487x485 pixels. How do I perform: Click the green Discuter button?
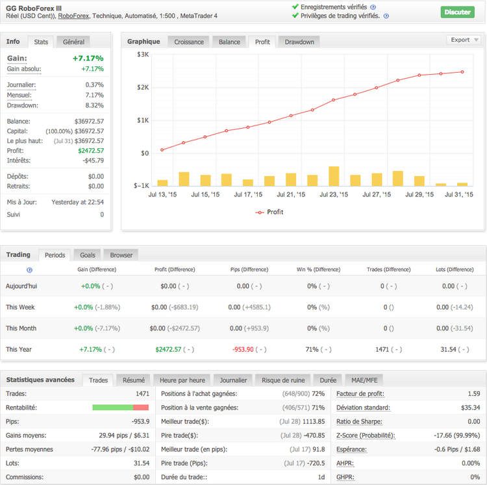coord(458,12)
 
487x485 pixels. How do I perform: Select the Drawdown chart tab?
coord(299,42)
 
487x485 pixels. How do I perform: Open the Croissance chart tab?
coord(189,42)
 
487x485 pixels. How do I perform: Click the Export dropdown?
coord(464,40)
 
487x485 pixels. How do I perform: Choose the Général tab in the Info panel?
coord(73,42)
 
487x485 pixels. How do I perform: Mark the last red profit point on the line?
coord(462,72)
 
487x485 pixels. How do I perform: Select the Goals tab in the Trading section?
coord(88,255)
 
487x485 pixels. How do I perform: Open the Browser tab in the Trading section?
coord(121,255)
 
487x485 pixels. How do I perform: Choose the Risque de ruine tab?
coord(283,380)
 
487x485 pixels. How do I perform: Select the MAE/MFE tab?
coord(364,380)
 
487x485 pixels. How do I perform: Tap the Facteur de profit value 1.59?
coord(473,393)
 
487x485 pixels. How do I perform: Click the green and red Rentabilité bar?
coord(121,408)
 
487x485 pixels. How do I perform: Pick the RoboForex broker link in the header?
coord(73,16)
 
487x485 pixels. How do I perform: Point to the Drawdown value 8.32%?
coord(94,105)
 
